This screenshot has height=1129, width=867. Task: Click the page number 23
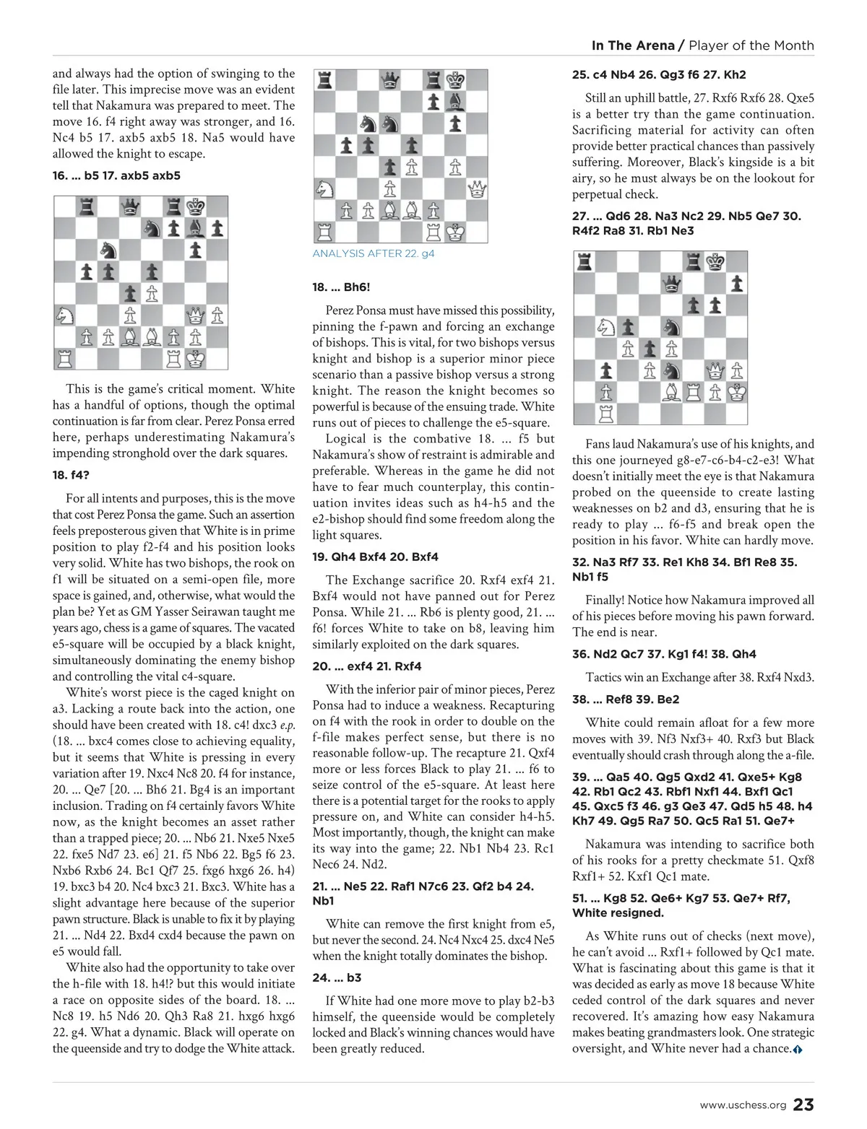coord(803,1105)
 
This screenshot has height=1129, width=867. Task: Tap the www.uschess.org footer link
coord(743,1106)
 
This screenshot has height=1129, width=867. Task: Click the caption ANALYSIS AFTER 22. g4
coord(374,253)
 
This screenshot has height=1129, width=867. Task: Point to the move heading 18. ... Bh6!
coord(341,287)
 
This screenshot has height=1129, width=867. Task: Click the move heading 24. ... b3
coord(337,977)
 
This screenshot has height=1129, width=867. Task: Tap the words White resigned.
coord(618,912)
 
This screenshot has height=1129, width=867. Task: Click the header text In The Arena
coord(632,45)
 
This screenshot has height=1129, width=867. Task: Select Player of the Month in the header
coord(751,45)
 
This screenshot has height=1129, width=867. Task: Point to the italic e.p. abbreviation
coord(288,725)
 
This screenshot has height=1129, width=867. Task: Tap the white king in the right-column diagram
coord(737,392)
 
